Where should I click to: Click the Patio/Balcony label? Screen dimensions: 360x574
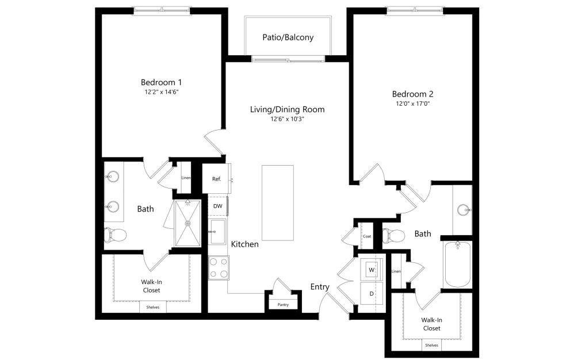288,37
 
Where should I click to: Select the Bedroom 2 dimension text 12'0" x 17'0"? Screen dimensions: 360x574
412,104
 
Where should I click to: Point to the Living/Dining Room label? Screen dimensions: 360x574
287,109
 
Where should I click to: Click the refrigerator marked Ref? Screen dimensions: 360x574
216,179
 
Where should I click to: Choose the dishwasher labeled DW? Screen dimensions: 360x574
217,206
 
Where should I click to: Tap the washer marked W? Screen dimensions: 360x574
371,269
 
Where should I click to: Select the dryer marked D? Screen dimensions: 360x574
371,293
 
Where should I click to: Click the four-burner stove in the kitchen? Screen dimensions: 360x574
219,267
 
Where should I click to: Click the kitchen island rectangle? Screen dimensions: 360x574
277,202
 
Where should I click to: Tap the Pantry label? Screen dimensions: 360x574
282,305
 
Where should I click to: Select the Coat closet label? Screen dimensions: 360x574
366,236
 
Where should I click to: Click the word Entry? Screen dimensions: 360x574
320,287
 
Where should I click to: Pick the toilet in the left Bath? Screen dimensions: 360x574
116,235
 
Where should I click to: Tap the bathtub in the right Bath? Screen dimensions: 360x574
458,265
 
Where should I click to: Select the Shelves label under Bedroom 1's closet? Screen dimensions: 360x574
152,307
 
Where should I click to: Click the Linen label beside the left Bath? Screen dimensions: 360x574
186,178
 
